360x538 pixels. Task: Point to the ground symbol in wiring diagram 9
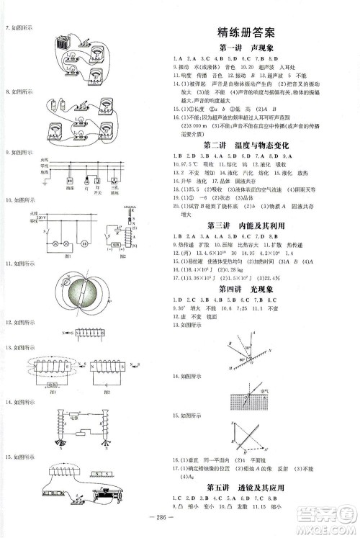point(44,180)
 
